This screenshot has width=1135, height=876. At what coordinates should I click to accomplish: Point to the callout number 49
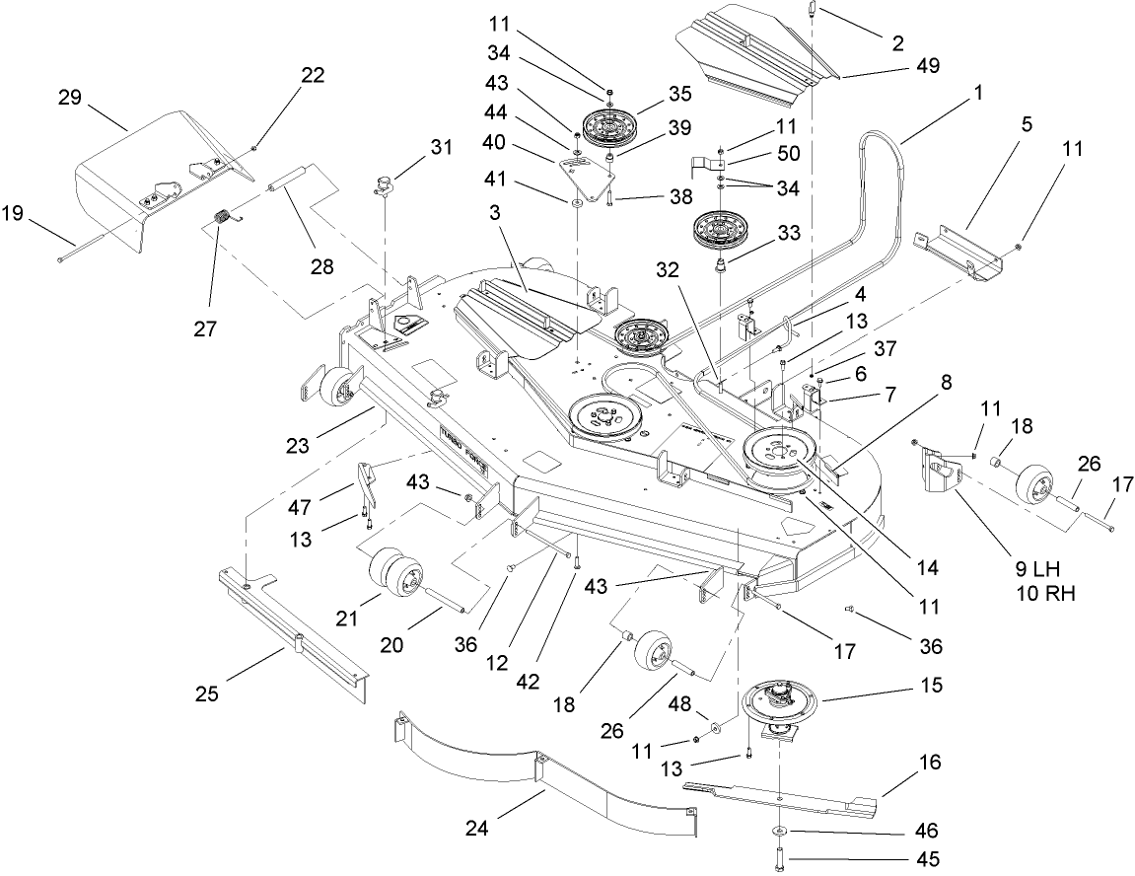click(x=927, y=66)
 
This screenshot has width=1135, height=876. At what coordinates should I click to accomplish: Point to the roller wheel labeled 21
click(x=394, y=572)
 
